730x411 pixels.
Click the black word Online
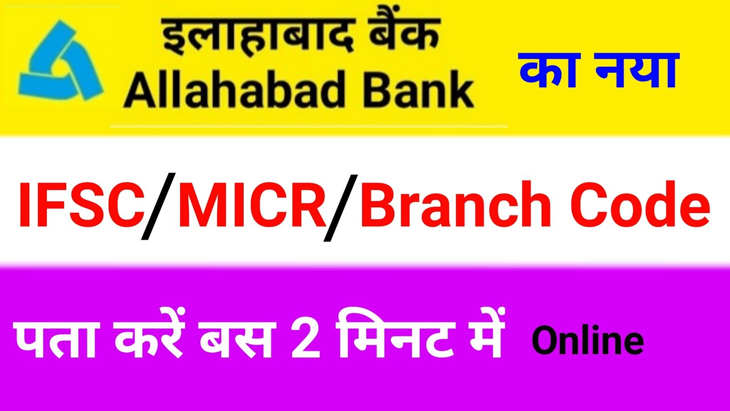coord(588,341)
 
